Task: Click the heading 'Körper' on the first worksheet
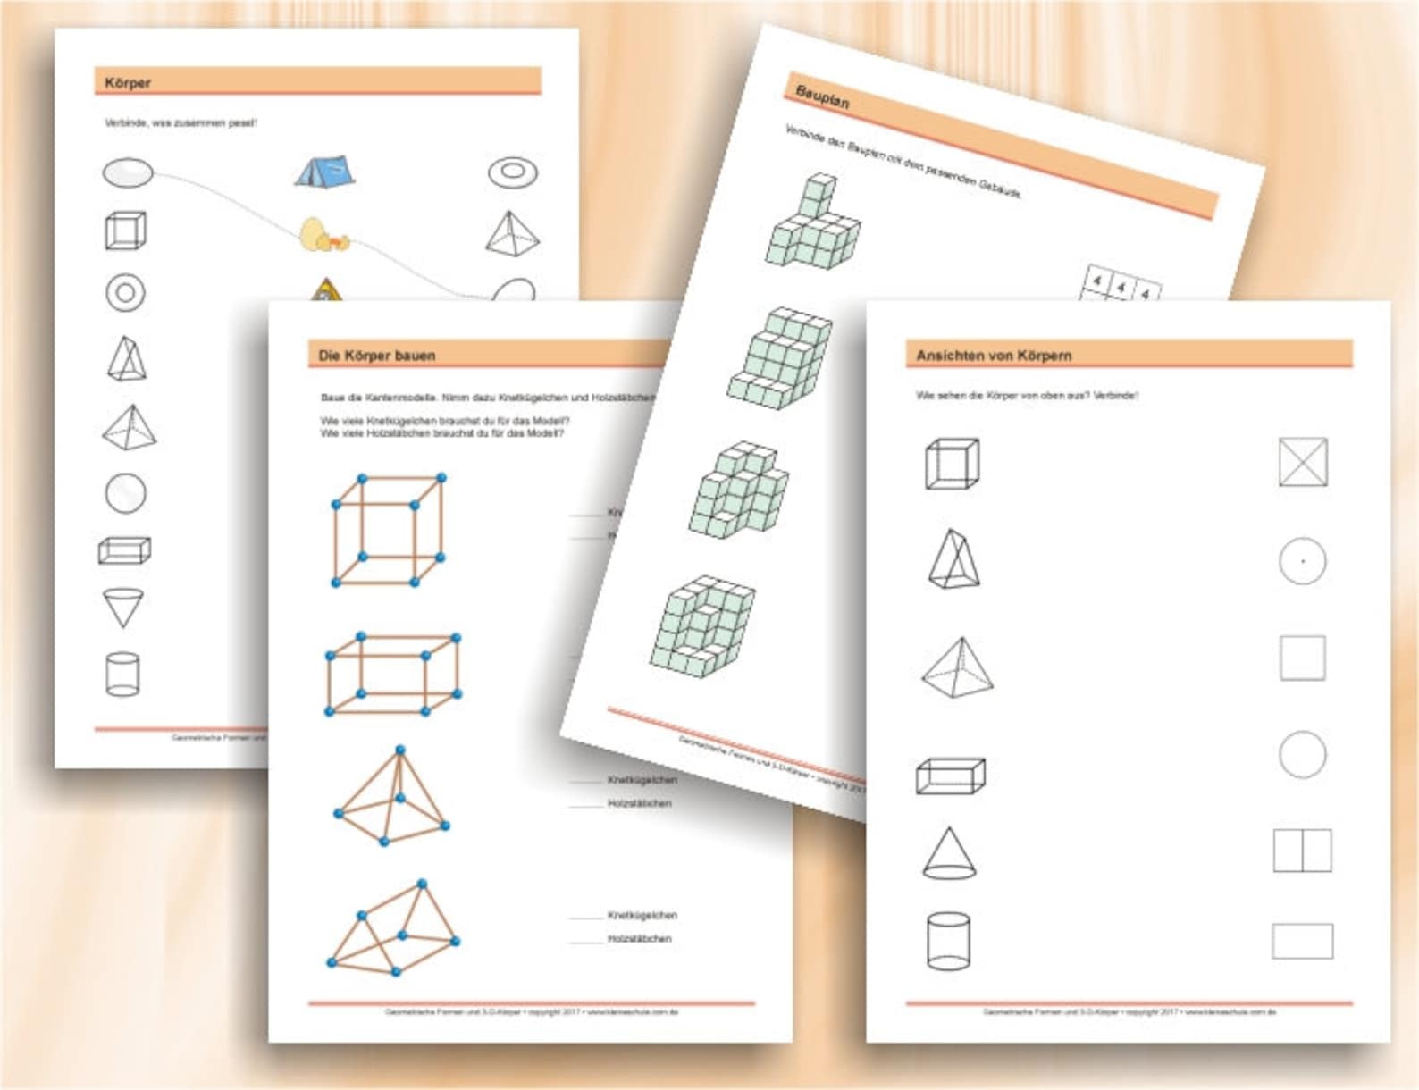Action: (128, 83)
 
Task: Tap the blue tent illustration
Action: (325, 170)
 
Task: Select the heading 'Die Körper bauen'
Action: (376, 356)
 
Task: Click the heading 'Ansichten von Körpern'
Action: (994, 356)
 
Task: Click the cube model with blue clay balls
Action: (389, 531)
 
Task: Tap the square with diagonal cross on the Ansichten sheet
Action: (1302, 462)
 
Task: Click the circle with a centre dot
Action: (1302, 561)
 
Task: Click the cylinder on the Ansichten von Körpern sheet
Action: (948, 941)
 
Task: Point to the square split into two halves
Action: (1302, 851)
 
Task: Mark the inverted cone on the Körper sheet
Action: (123, 608)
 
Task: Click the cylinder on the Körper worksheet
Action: (122, 674)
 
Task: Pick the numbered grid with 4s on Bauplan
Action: (1122, 287)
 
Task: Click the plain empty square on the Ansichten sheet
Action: (1302, 658)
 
